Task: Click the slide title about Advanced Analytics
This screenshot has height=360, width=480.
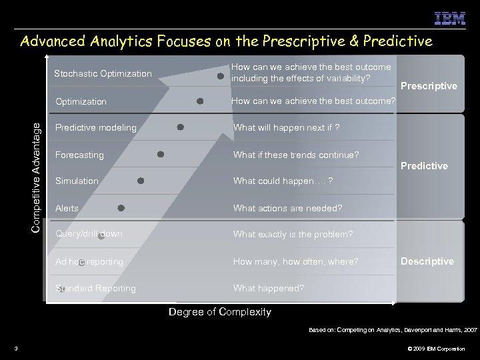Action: pyautogui.click(x=227, y=42)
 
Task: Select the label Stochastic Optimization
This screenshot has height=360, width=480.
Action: pyautogui.click(x=103, y=73)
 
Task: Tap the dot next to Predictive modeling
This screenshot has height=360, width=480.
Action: pyautogui.click(x=180, y=127)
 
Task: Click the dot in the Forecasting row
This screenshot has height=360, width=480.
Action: pyautogui.click(x=161, y=154)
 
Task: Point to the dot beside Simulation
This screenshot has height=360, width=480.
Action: pyautogui.click(x=141, y=181)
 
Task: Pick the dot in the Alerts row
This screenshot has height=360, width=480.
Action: pyautogui.click(x=121, y=208)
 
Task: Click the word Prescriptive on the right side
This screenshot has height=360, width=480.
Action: pyautogui.click(x=429, y=86)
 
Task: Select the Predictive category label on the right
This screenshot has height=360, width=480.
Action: pyautogui.click(x=424, y=166)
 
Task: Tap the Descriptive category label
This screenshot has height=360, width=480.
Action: pyautogui.click(x=427, y=261)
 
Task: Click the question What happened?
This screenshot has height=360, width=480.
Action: pyautogui.click(x=269, y=289)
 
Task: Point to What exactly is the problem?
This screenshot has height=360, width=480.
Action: pyautogui.click(x=293, y=235)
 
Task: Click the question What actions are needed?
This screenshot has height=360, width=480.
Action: pyautogui.click(x=287, y=208)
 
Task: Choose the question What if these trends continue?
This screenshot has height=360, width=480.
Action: pyautogui.click(x=296, y=155)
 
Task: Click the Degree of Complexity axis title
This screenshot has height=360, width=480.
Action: pyautogui.click(x=220, y=312)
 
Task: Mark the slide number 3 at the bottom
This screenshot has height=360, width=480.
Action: pyautogui.click(x=14, y=349)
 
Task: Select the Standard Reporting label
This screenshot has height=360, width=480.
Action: pyautogui.click(x=96, y=289)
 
